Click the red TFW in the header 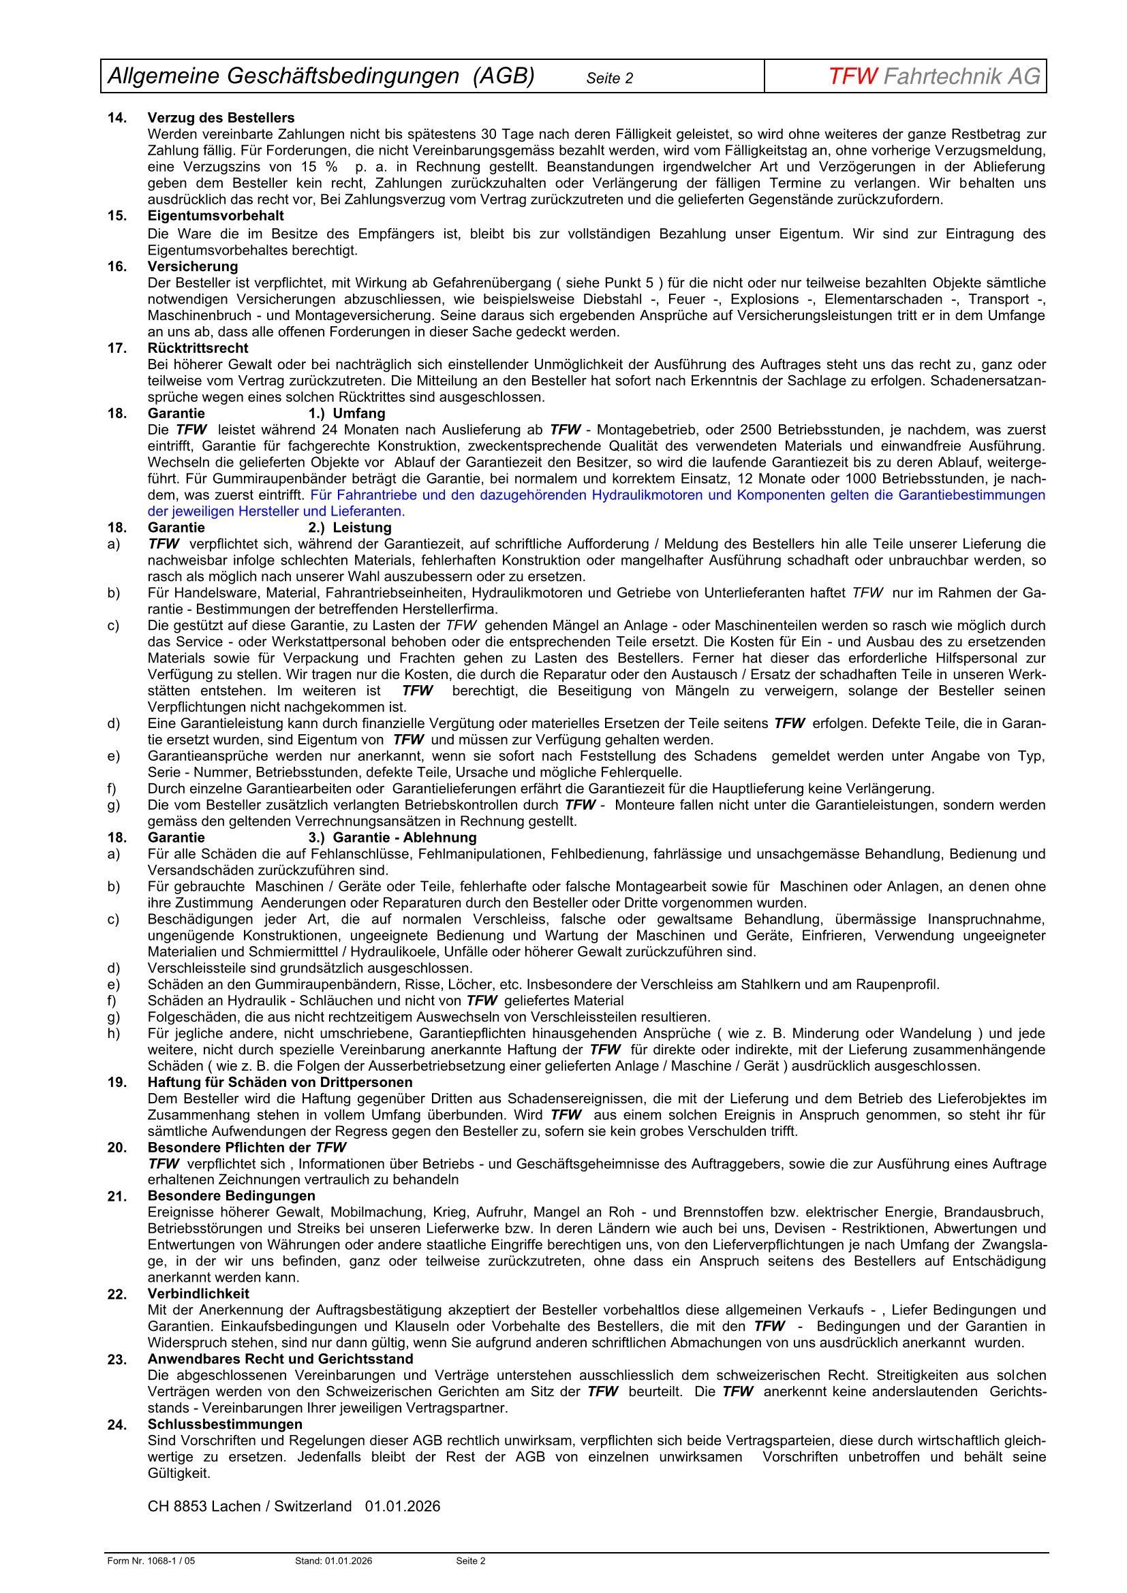853,76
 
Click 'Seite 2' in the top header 609,78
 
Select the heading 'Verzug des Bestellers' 221,117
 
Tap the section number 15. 117,216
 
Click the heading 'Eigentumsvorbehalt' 215,216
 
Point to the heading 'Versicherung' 192,266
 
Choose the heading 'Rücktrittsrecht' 198,347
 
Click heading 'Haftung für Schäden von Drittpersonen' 279,1082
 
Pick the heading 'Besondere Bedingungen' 231,1196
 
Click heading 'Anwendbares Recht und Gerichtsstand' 280,1359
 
